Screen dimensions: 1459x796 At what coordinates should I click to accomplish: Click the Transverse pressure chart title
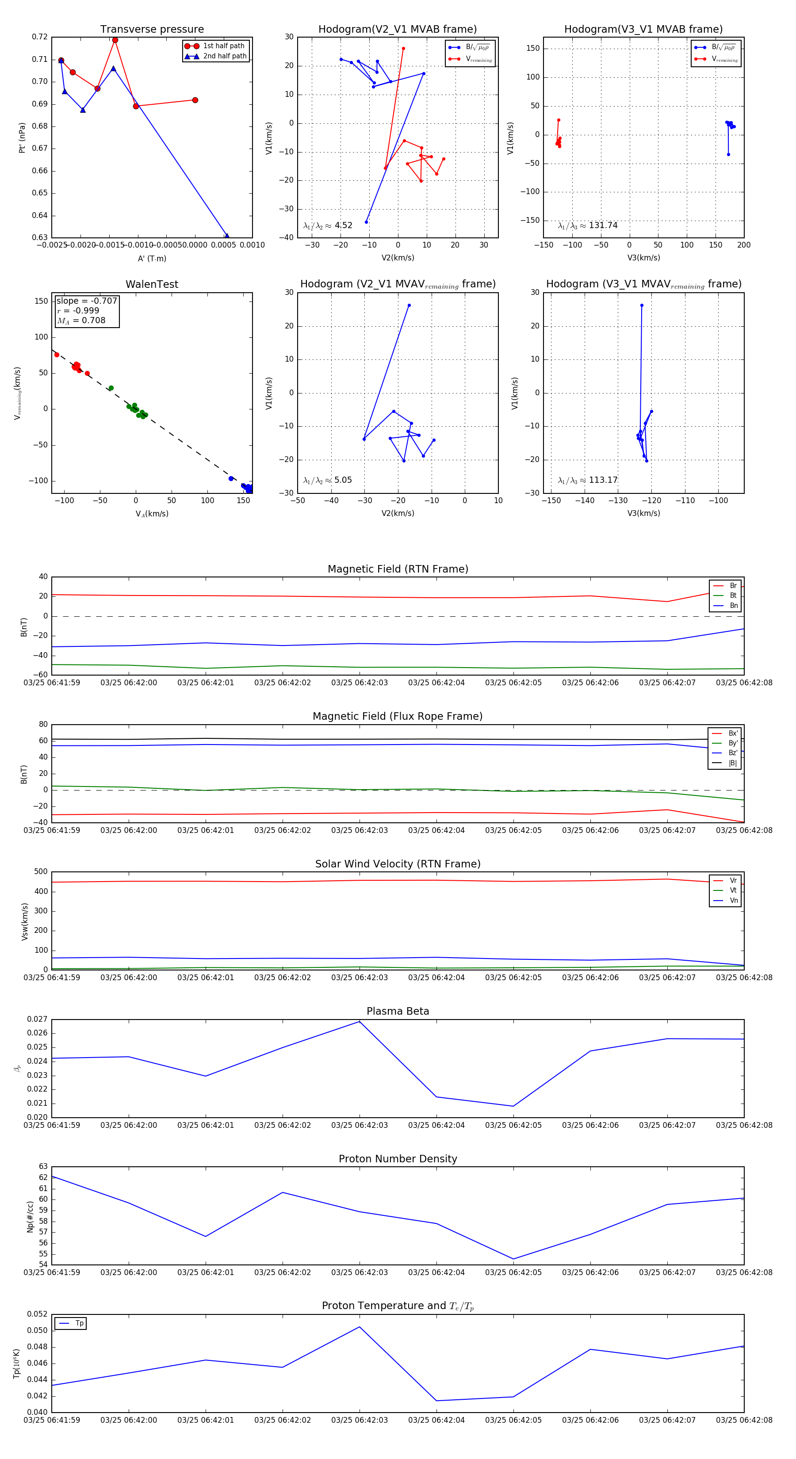pyautogui.click(x=152, y=30)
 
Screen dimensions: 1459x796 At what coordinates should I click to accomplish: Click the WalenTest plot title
pyautogui.click(x=152, y=284)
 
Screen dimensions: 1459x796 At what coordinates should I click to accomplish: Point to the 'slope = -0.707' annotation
pyautogui.click(x=87, y=301)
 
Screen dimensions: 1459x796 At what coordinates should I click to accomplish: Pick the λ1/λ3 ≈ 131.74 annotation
pyautogui.click(x=588, y=225)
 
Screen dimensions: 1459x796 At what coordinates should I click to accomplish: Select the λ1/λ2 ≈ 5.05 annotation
pyautogui.click(x=327, y=480)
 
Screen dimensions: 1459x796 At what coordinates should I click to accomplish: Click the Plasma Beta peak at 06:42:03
pyautogui.click(x=359, y=1021)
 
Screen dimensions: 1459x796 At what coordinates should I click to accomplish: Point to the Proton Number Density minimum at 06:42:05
pyautogui.click(x=513, y=1259)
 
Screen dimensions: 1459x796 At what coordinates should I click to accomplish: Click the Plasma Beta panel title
pyautogui.click(x=398, y=1012)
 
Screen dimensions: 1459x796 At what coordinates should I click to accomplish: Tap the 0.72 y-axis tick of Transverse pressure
pyautogui.click(x=40, y=37)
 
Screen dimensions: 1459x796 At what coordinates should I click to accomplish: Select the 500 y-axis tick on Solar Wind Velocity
pyautogui.click(x=41, y=872)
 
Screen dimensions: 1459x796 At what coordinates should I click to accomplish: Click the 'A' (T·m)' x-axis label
pyautogui.click(x=152, y=259)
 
